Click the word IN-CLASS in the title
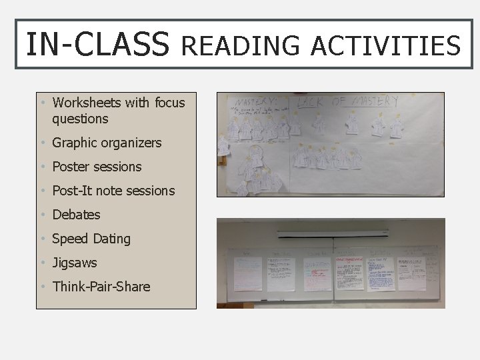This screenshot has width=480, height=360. coord(97,45)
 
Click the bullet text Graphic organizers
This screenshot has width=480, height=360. coord(107,143)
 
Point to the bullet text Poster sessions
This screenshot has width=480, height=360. coord(97,167)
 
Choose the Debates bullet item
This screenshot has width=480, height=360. coord(76,215)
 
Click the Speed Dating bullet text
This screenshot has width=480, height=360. coord(91,239)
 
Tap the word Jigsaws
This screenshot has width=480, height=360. coord(75,263)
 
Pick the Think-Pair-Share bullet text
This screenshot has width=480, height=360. coord(101,287)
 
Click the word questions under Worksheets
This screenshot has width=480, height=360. coord(80,119)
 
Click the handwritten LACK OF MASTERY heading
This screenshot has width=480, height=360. coord(347,102)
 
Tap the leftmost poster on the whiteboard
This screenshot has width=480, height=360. coord(247,273)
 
